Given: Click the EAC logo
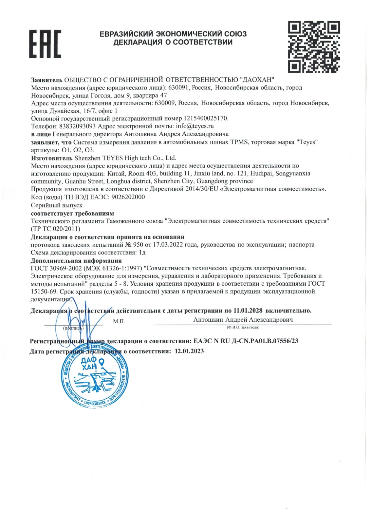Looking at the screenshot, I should pyautogui.click(x=45, y=44).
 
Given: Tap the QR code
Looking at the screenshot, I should pyautogui.click(x=313, y=47).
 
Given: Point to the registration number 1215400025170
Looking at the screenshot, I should pyautogui.click(x=205, y=118).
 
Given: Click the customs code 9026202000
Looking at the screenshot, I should pyautogui.click(x=128, y=197).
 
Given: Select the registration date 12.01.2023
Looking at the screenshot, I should pyautogui.click(x=189, y=351).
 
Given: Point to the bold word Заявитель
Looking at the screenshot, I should pyautogui.click(x=46, y=80).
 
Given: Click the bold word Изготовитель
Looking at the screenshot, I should pyautogui.click(x=52, y=158).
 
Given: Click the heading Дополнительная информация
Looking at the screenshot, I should pyautogui.click(x=76, y=261).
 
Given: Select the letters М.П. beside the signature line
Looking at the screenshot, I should pyautogui.click(x=119, y=321).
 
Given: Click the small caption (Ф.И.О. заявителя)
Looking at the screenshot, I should pyautogui.click(x=243, y=327).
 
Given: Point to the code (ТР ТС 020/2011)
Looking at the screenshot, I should pyautogui.click(x=55, y=229).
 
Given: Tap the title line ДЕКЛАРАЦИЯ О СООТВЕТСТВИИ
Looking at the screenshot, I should pyautogui.click(x=173, y=42).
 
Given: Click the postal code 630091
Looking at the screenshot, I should pyautogui.click(x=179, y=88).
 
